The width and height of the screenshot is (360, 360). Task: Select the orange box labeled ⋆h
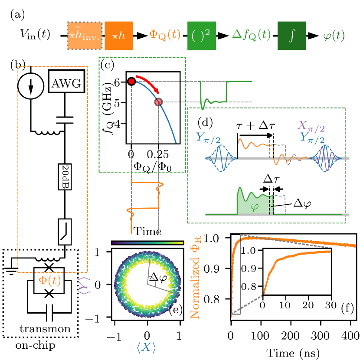tap(119, 35)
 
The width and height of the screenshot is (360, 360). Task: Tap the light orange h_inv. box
tap(85, 35)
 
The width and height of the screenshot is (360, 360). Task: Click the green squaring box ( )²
tap(201, 35)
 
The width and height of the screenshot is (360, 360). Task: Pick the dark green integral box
tap(291, 35)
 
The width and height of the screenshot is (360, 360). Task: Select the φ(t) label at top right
tap(334, 36)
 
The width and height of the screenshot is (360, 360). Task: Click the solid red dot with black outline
tap(131, 82)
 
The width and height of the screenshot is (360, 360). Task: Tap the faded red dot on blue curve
tap(158, 102)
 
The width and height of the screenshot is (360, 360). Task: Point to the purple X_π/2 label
tap(311, 126)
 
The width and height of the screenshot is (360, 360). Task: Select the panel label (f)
tap(347, 308)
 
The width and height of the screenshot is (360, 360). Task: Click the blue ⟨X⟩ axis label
tap(146, 347)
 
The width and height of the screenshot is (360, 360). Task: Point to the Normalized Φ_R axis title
tap(196, 278)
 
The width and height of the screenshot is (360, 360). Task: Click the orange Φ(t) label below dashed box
tap(50, 281)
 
